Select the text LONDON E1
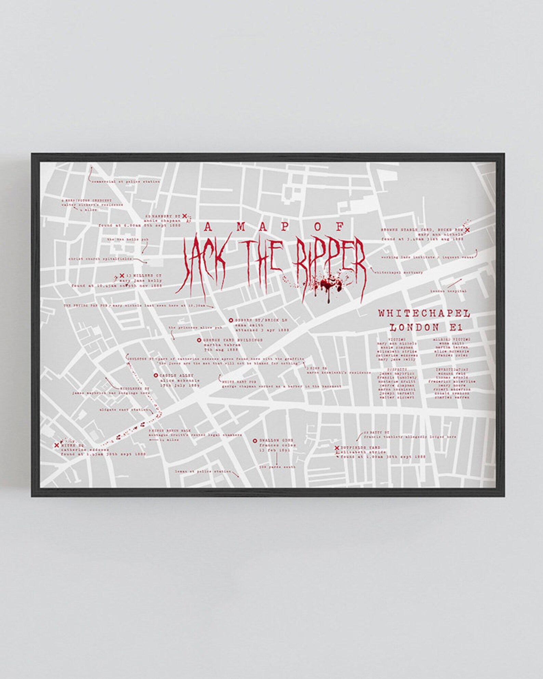[426, 327]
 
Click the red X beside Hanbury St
[185, 216]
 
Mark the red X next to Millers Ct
[122, 275]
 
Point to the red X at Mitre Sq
[57, 445]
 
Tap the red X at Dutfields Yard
[336, 448]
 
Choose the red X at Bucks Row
[467, 230]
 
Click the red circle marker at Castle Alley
[156, 375]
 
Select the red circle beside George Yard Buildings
[199, 340]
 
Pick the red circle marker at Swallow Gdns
[255, 441]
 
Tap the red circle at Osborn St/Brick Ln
[231, 320]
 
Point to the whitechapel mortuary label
[398, 272]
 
